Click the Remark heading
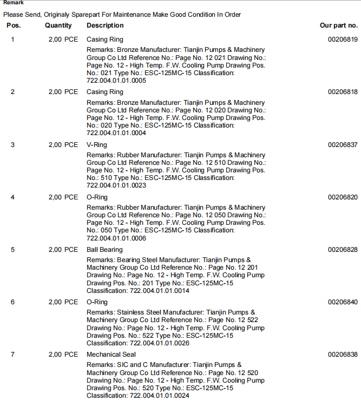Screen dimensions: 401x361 click(x=13, y=3)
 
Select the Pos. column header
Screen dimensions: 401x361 click(x=14, y=25)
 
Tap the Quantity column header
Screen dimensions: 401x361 click(x=58, y=25)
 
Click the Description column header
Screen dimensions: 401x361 click(x=105, y=25)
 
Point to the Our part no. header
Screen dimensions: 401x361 click(x=339, y=25)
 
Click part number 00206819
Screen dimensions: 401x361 click(x=343, y=39)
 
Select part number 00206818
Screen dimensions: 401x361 click(x=343, y=92)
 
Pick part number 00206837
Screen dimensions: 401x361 click(x=343, y=145)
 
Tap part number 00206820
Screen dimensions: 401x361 click(x=343, y=197)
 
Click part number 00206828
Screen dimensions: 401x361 click(x=343, y=250)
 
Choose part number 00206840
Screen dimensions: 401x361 click(x=343, y=302)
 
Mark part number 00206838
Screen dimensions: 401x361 click(x=343, y=355)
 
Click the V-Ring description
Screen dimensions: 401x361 click(x=97, y=145)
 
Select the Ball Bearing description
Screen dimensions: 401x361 click(x=104, y=250)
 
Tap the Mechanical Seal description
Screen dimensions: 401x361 click(x=111, y=355)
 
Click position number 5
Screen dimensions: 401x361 click(x=13, y=250)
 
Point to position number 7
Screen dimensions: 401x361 click(x=13, y=355)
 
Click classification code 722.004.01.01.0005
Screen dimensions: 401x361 click(x=116, y=81)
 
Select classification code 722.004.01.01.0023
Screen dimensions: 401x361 click(x=116, y=185)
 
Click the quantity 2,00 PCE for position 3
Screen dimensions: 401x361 click(x=63, y=145)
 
